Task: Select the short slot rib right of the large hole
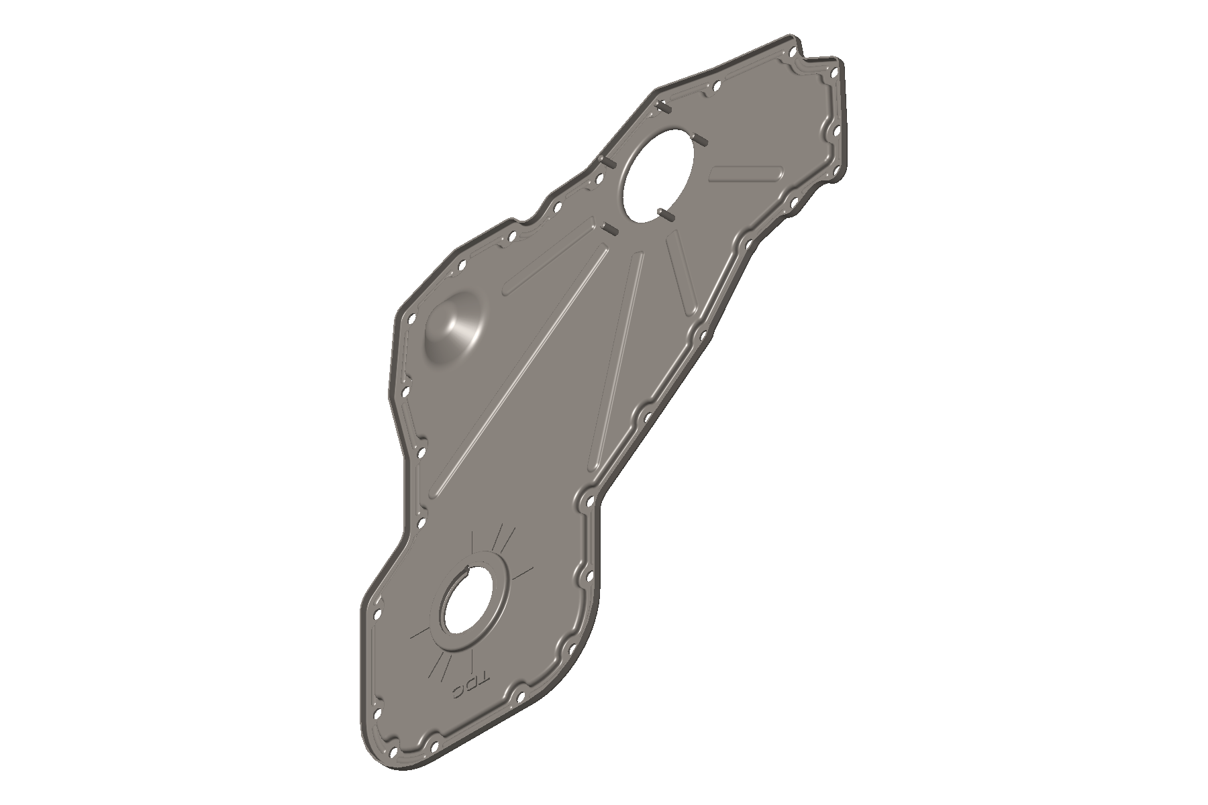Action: [747, 172]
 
